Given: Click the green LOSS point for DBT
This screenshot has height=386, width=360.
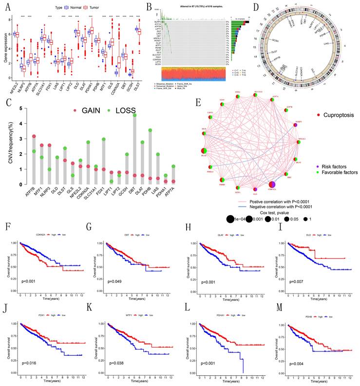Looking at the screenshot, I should [134, 115].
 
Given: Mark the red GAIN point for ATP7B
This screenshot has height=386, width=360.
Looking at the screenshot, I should [34, 137].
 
